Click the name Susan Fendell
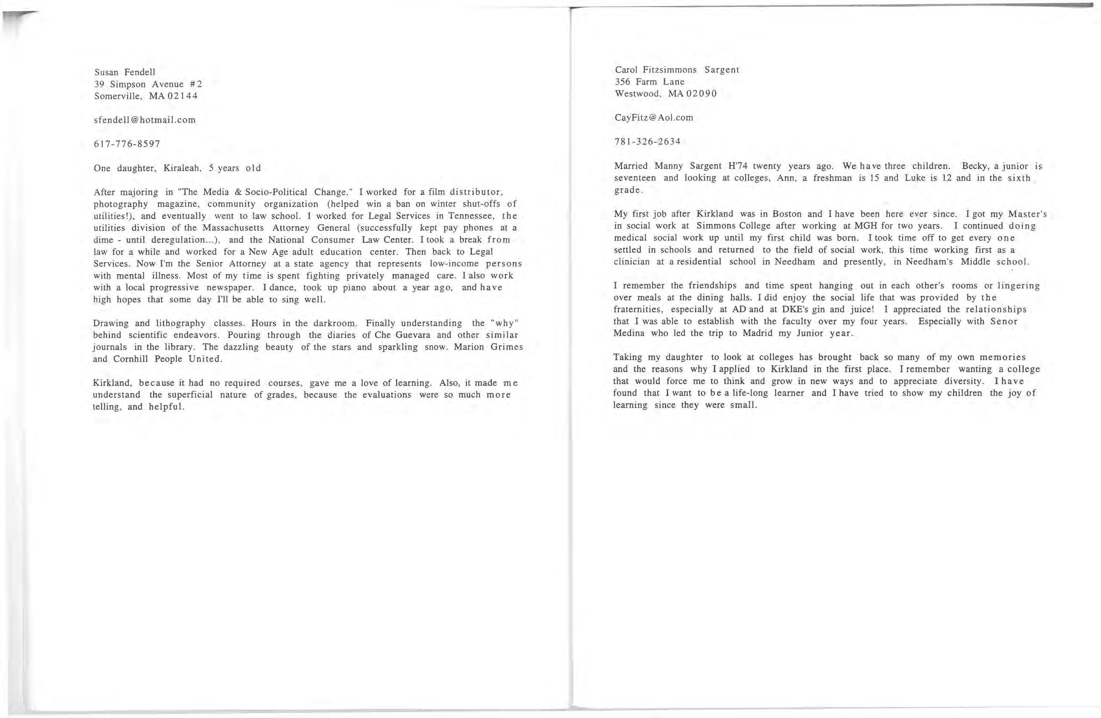click(x=125, y=72)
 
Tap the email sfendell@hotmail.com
click(x=144, y=120)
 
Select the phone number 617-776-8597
click(x=127, y=144)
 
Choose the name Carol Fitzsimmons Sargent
click(x=677, y=70)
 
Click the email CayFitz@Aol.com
click(x=654, y=117)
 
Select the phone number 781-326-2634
click(x=647, y=141)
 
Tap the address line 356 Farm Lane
click(x=649, y=82)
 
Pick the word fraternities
click(x=638, y=309)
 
